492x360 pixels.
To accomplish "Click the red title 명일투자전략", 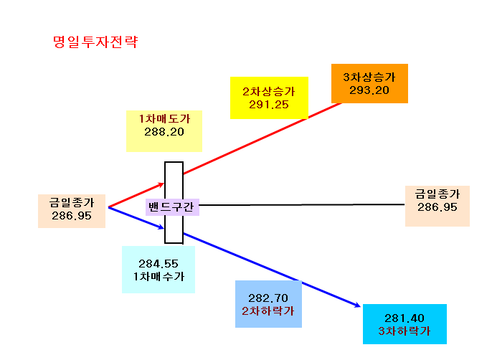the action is (x=95, y=42).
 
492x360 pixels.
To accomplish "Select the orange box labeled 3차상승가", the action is (x=369, y=83).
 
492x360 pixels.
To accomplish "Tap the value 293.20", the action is (x=369, y=90).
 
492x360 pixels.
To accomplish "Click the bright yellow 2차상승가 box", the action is (x=269, y=98).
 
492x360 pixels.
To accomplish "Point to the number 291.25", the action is (x=269, y=105).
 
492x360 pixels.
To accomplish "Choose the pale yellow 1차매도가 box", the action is (x=164, y=131).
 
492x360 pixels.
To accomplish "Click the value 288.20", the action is (x=164, y=132).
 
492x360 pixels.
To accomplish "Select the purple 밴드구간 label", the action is (x=172, y=207).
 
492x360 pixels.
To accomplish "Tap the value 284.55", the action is (x=159, y=264).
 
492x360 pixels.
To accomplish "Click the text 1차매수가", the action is (x=159, y=277).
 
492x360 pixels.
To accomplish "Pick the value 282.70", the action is (x=268, y=298).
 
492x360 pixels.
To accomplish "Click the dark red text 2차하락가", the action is (x=268, y=311).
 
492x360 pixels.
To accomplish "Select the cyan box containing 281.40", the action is (x=405, y=324).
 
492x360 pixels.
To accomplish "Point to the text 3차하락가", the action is (x=405, y=331).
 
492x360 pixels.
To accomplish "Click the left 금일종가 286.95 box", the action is (x=72, y=212).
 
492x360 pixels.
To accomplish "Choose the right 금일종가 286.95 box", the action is (x=437, y=206).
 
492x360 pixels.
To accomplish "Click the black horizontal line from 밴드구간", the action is (x=302, y=204).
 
